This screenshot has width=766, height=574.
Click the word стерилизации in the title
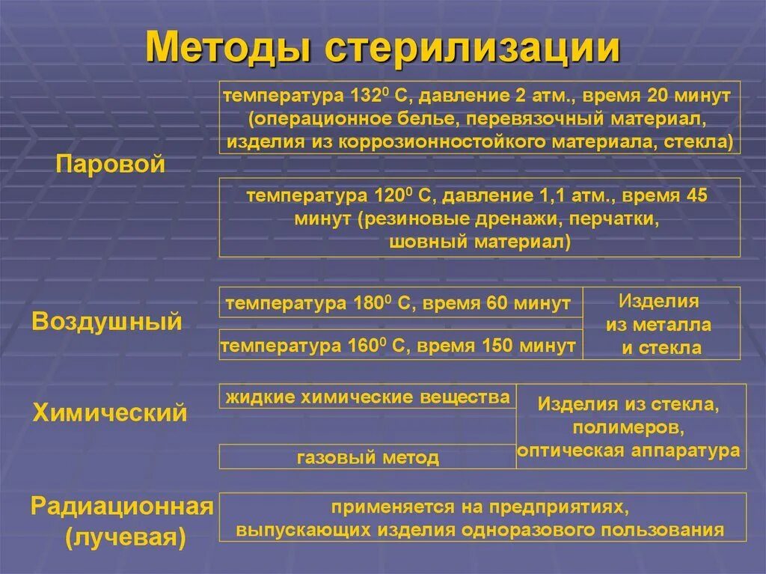tap(473, 48)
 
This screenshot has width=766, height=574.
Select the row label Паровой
tap(110, 165)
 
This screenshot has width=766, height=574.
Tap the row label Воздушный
tap(108, 322)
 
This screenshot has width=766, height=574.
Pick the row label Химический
tap(110, 412)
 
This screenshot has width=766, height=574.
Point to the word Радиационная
tap(123, 507)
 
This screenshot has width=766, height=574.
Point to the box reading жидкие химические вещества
tap(367, 397)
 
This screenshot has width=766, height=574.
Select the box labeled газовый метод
tap(367, 457)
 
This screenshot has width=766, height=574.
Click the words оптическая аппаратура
tap(629, 451)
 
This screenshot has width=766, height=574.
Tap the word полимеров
tap(629, 429)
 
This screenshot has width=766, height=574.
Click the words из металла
tap(658, 326)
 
